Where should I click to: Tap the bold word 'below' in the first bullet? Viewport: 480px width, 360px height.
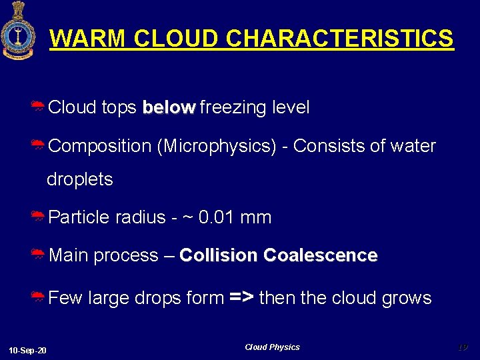point(169,107)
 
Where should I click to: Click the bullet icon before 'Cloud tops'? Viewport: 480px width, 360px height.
point(38,107)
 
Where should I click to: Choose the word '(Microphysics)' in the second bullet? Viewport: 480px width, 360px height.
point(216,146)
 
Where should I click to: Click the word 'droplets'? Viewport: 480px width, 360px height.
point(79,179)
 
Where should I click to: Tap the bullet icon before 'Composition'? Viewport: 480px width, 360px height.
point(38,146)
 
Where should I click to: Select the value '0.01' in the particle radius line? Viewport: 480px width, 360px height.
point(217,217)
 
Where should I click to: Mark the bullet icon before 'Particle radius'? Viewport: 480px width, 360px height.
point(38,217)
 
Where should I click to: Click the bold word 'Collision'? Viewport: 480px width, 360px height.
point(219,255)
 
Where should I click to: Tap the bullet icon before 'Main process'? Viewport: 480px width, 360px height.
point(38,255)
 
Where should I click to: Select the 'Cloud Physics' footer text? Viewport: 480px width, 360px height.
point(272,347)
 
